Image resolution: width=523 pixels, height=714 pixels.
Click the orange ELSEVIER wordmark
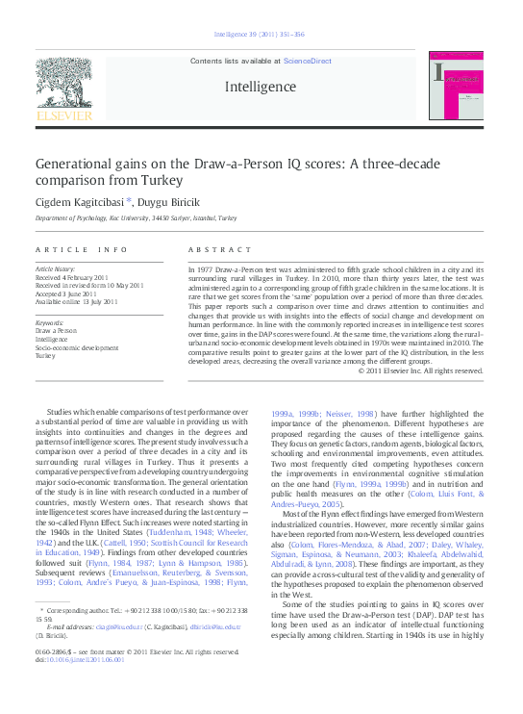[x=63, y=116]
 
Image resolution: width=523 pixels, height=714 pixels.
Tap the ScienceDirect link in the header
[x=308, y=61]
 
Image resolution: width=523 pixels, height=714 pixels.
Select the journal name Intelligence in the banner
[x=260, y=87]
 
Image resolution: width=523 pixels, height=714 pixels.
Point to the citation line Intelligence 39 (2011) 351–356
[x=261, y=33]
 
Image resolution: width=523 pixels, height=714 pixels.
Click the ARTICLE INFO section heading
[x=82, y=249]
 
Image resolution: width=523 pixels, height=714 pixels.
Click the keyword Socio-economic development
[x=78, y=347]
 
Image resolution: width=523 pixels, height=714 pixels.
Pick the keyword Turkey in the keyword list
[x=45, y=356]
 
